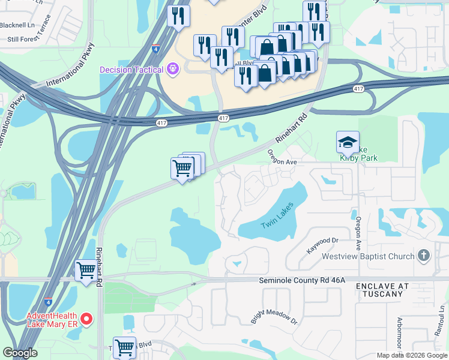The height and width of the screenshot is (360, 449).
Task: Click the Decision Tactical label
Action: [131, 70]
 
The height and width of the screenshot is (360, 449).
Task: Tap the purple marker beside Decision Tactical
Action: [173, 69]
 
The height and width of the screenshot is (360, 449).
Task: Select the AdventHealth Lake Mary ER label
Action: [51, 320]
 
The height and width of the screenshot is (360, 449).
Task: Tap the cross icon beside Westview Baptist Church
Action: [424, 256]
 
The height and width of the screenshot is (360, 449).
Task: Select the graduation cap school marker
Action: [348, 143]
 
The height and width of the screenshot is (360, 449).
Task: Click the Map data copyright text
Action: [411, 355]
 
